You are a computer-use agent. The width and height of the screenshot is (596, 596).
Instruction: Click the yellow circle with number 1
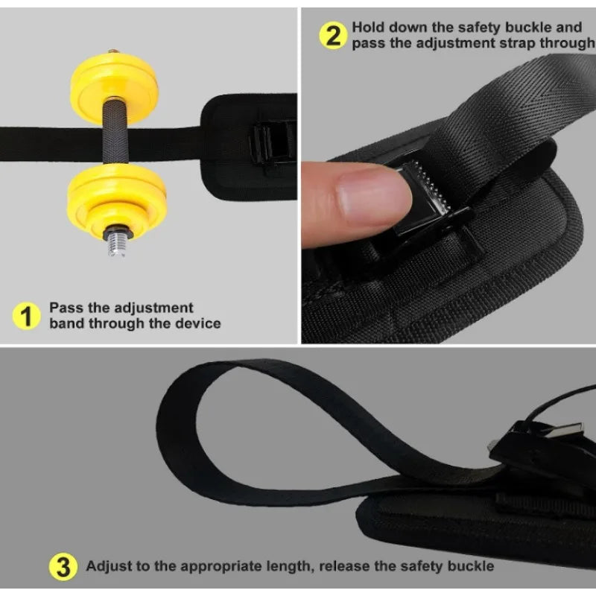[26, 316]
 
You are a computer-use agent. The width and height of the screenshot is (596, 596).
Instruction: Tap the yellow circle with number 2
[333, 35]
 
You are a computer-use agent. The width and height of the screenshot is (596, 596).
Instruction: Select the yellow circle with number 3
[63, 567]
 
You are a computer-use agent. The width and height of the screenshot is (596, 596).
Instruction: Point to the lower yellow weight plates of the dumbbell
[117, 200]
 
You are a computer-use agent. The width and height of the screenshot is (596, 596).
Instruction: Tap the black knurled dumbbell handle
[115, 131]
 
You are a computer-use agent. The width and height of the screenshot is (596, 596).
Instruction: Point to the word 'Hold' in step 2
[368, 28]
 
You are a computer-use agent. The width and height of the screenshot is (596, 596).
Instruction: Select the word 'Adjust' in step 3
[109, 566]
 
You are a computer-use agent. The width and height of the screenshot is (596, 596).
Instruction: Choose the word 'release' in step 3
[344, 566]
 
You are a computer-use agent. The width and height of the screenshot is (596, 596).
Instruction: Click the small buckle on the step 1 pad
[272, 143]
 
